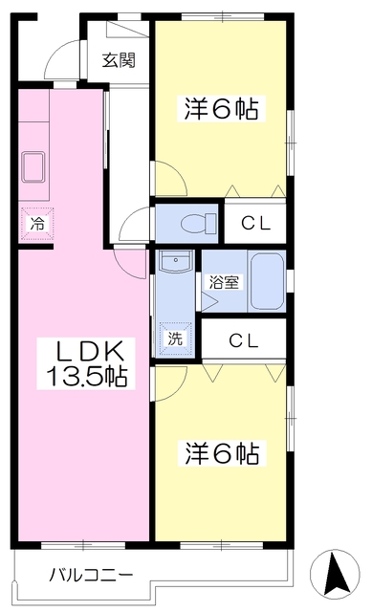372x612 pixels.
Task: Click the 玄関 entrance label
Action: (x=119, y=60)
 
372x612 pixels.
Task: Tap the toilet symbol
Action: (x=199, y=223)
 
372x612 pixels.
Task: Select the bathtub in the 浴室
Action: (x=267, y=281)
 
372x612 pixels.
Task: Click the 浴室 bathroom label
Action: (x=224, y=282)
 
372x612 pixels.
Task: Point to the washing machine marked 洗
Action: (x=175, y=339)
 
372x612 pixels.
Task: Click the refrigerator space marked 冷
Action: (x=37, y=224)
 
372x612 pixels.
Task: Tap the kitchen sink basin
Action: (x=34, y=167)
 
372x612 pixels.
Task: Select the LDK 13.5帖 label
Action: (x=86, y=363)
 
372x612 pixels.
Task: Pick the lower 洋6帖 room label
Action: (x=222, y=452)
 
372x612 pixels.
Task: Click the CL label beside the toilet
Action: (x=255, y=224)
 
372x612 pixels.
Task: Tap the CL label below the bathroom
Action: (x=244, y=340)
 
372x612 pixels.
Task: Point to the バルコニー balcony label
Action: (x=92, y=575)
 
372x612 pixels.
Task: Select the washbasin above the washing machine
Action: (x=176, y=261)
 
